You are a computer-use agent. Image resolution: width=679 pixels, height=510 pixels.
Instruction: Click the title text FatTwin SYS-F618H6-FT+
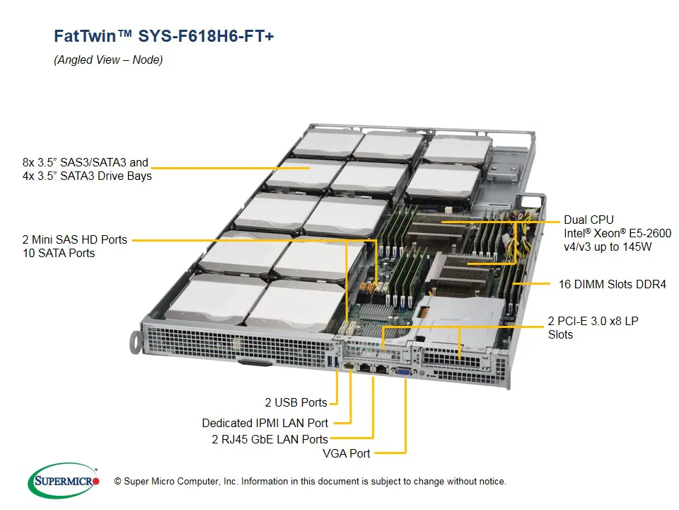tap(163, 36)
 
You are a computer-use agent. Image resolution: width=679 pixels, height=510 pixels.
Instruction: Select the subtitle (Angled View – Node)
tap(108, 60)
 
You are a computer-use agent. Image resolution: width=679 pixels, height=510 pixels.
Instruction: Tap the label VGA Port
tap(346, 453)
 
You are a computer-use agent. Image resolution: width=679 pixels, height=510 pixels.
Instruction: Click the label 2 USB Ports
tap(296, 402)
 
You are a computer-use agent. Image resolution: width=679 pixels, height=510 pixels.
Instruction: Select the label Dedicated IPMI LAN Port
tap(265, 423)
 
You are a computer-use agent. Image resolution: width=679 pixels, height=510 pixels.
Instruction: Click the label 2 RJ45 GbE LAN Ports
tap(269, 439)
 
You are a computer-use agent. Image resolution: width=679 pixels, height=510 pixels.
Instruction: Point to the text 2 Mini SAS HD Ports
tap(74, 239)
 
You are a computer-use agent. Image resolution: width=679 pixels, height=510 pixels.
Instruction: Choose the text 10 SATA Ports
tap(58, 253)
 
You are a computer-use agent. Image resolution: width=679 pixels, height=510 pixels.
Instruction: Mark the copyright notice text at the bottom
tap(310, 482)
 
